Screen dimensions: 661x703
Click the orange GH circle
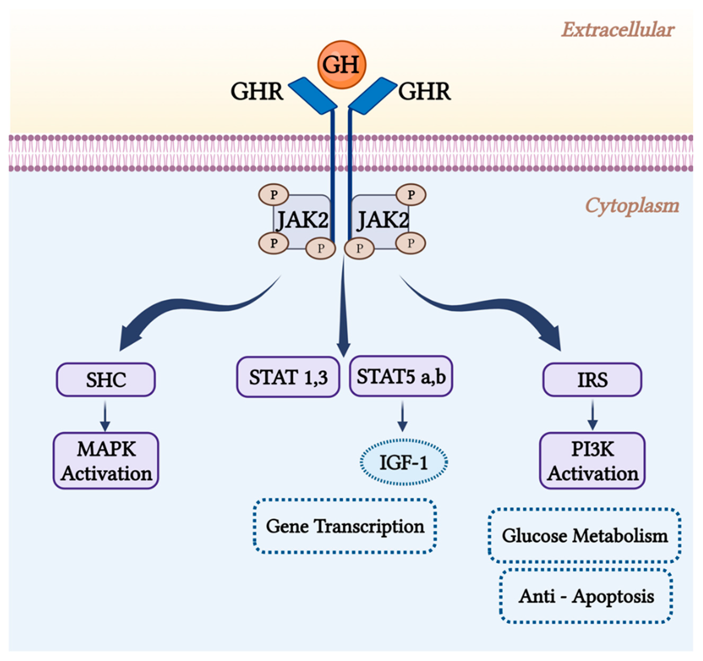341,65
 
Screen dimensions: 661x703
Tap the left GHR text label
257,91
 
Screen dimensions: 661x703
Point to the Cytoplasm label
632,205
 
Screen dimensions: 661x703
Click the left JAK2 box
302,221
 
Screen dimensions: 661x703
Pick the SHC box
106,380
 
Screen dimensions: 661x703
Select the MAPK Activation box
106,461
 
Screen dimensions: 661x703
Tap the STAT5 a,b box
401,376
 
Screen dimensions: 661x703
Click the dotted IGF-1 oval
404,462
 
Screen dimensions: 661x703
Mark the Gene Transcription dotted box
345,526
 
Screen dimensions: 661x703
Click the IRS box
592,380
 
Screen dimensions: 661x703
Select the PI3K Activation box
592,461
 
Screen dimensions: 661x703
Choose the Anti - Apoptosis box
586,596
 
